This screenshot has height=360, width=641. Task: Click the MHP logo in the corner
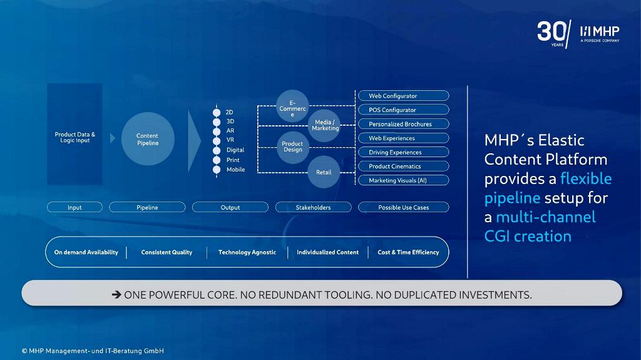tap(600, 34)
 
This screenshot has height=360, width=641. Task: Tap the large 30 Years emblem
tap(554, 34)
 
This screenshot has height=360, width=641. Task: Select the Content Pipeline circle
tap(148, 139)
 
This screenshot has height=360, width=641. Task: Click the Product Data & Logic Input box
tap(75, 134)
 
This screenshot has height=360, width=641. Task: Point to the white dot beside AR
tap(217, 131)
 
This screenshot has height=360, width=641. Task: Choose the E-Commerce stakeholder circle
tap(292, 106)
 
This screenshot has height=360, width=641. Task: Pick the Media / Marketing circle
tap(325, 125)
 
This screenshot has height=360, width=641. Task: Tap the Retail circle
tap(324, 172)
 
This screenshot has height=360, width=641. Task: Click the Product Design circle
tap(292, 147)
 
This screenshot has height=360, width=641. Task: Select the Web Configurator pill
tap(404, 96)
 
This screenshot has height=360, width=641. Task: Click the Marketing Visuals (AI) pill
tap(404, 180)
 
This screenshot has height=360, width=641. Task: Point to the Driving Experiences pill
tap(404, 152)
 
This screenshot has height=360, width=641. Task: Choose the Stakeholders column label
tap(313, 207)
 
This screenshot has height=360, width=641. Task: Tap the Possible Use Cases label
tap(404, 207)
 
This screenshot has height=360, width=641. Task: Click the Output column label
tap(230, 207)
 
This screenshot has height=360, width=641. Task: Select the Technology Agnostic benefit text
tap(247, 252)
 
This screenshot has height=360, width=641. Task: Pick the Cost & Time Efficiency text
tap(408, 252)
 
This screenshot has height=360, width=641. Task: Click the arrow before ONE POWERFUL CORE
tap(116, 294)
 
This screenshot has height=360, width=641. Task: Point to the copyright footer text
tap(93, 351)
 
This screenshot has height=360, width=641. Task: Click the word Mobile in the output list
tap(236, 170)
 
